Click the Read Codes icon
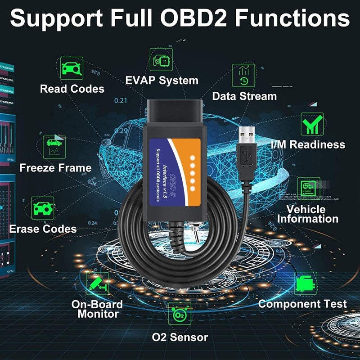coord(72,68)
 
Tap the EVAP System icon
coord(161,60)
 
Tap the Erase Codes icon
coord(43,208)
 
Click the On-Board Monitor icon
coord(97,284)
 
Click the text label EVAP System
coord(162,81)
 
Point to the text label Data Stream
coord(244,96)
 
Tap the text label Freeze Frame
coord(55,168)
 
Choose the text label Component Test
coord(302,304)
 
